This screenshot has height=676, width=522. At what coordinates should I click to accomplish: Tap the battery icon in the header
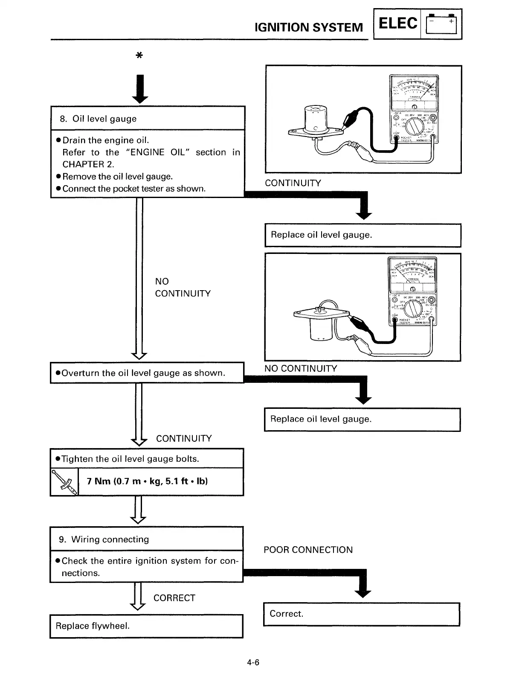[x=441, y=25]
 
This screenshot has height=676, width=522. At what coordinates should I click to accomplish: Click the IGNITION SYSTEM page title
[x=308, y=28]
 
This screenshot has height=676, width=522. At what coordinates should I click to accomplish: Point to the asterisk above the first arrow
[x=139, y=56]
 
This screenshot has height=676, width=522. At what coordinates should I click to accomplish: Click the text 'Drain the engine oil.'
[x=106, y=140]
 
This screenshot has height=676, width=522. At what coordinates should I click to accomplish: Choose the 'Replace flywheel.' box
[x=146, y=626]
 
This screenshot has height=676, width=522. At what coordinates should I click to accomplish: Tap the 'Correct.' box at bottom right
[x=362, y=614]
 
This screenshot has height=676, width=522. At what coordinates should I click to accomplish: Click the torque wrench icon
[x=64, y=482]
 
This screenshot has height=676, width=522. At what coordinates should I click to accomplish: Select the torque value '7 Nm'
[x=99, y=481]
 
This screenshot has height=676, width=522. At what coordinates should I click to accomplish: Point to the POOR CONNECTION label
[x=308, y=550]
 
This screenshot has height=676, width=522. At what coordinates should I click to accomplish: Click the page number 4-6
[x=253, y=663]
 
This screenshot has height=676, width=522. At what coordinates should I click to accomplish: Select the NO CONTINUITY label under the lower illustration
[x=301, y=369]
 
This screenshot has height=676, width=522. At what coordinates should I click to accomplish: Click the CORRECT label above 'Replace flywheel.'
[x=174, y=598]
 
